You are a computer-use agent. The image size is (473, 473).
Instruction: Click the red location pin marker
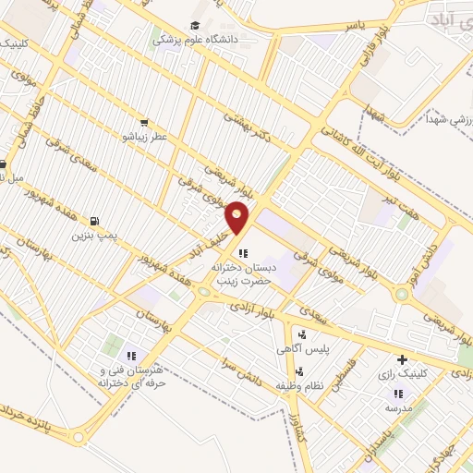237,218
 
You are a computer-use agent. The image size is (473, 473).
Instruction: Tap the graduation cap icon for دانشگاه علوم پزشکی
195,26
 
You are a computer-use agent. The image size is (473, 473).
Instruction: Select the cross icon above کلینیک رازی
401,359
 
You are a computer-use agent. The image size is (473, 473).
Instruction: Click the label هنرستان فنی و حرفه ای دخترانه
131,375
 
